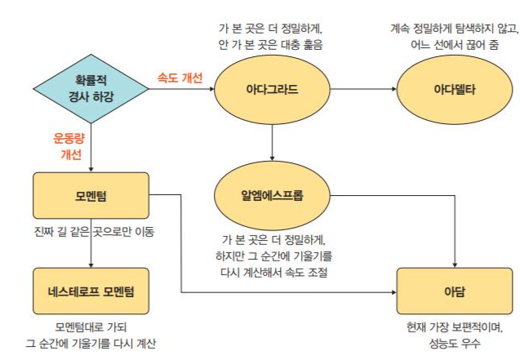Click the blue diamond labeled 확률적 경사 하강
tap(91, 86)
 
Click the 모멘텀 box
tap(91, 196)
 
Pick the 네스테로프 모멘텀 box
tap(91, 290)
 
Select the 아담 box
tap(454, 290)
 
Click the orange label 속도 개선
tap(180, 78)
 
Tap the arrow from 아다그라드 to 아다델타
tap(362, 86)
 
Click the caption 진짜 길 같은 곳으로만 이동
tap(91, 231)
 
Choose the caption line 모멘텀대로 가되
tap(90, 327)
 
